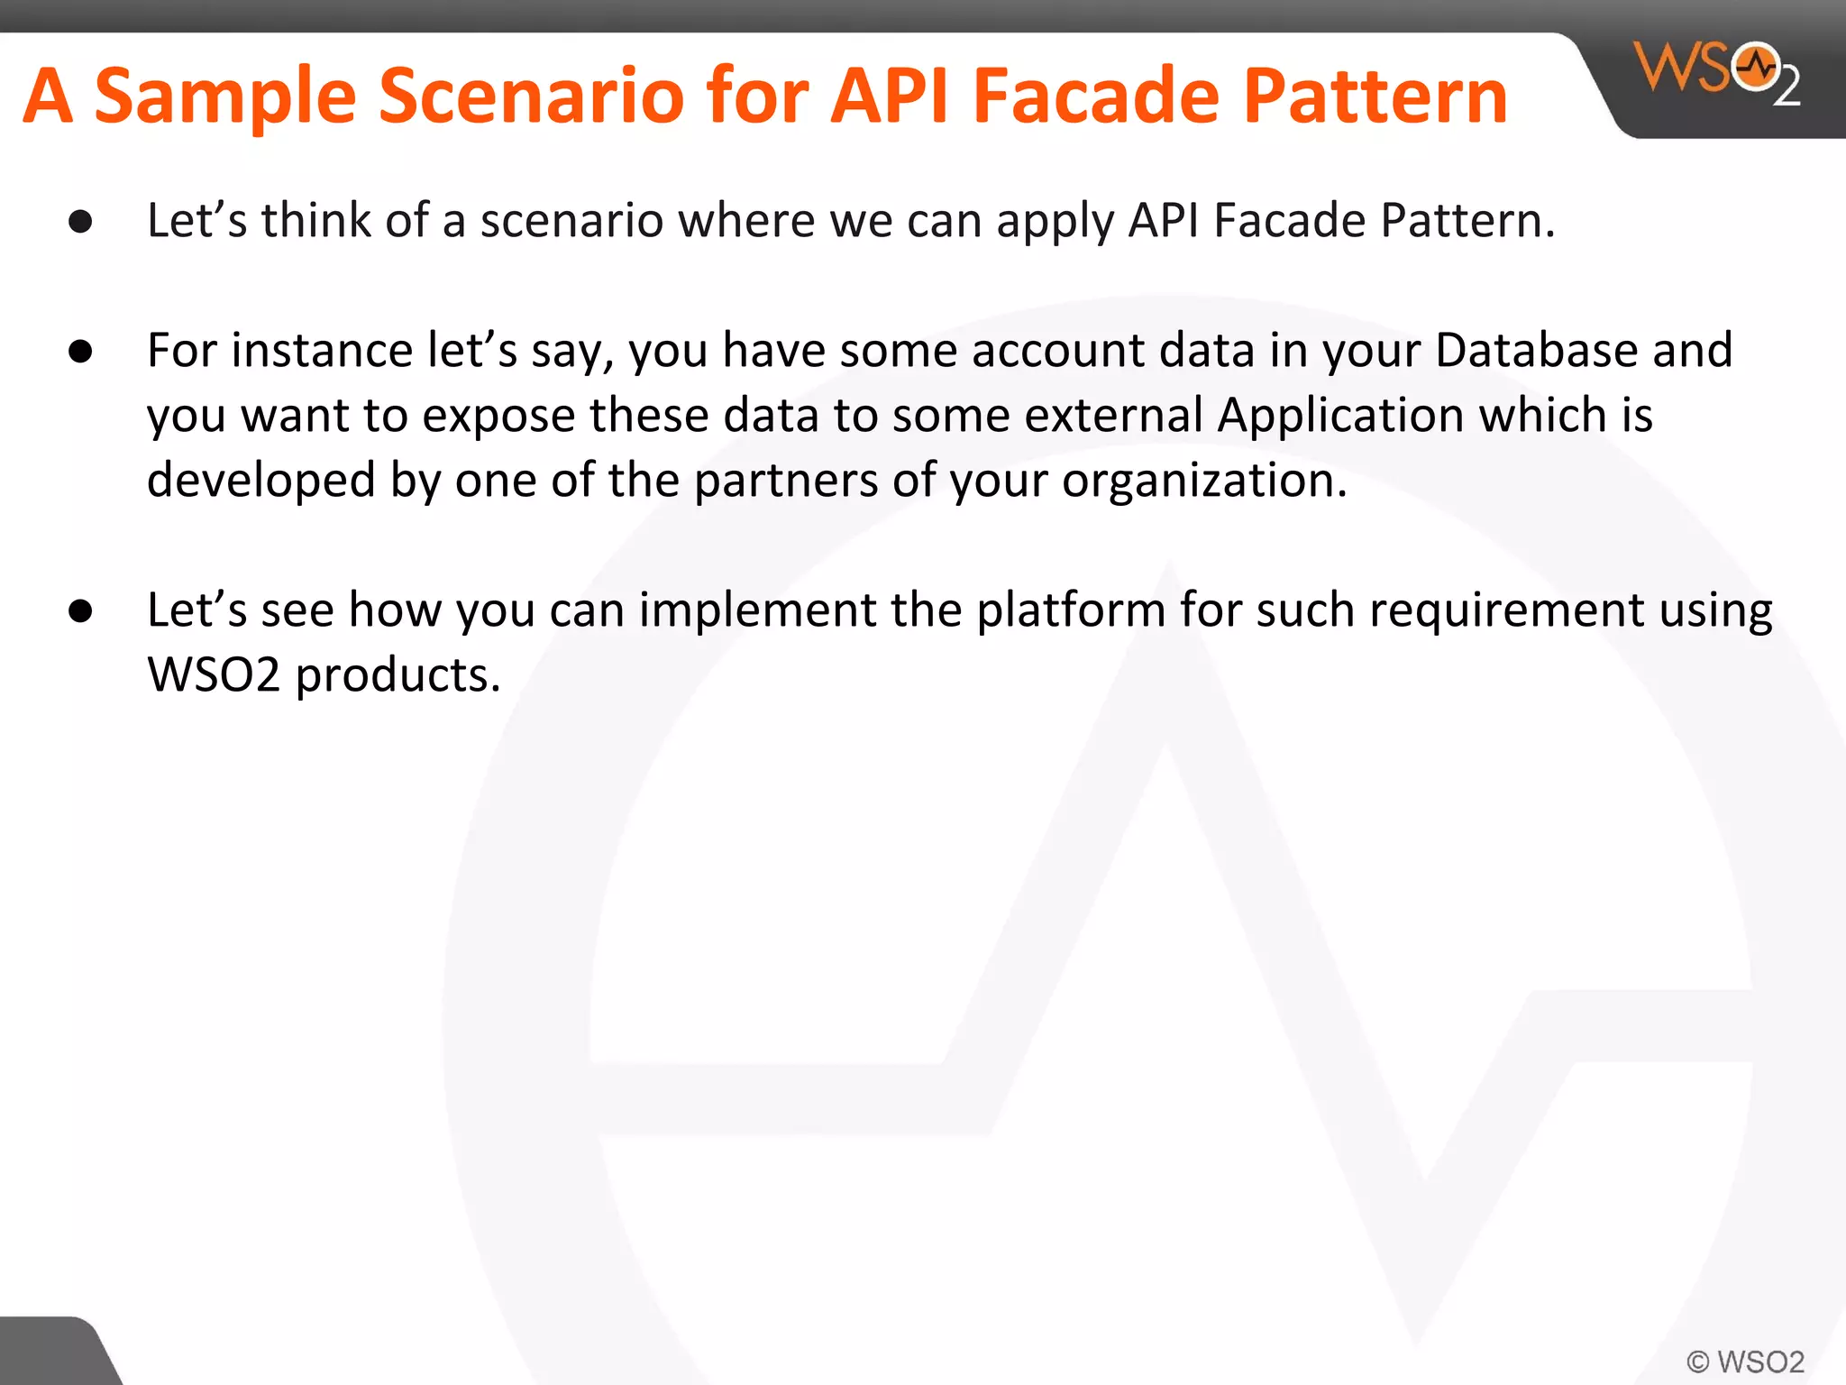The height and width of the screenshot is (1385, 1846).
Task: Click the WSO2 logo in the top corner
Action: pos(1717,72)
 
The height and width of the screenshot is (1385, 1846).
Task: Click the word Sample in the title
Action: pos(225,97)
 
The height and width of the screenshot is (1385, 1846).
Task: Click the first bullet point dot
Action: pos(80,222)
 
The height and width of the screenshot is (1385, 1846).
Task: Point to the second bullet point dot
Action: pos(80,352)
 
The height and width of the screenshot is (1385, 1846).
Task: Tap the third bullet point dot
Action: pos(80,611)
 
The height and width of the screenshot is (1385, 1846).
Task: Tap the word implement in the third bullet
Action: pos(757,610)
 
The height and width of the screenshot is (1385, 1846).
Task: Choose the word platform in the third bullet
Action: pos(1071,610)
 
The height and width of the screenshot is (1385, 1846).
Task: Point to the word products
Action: pos(397,676)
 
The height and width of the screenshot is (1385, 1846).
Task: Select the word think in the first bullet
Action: pos(315,221)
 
